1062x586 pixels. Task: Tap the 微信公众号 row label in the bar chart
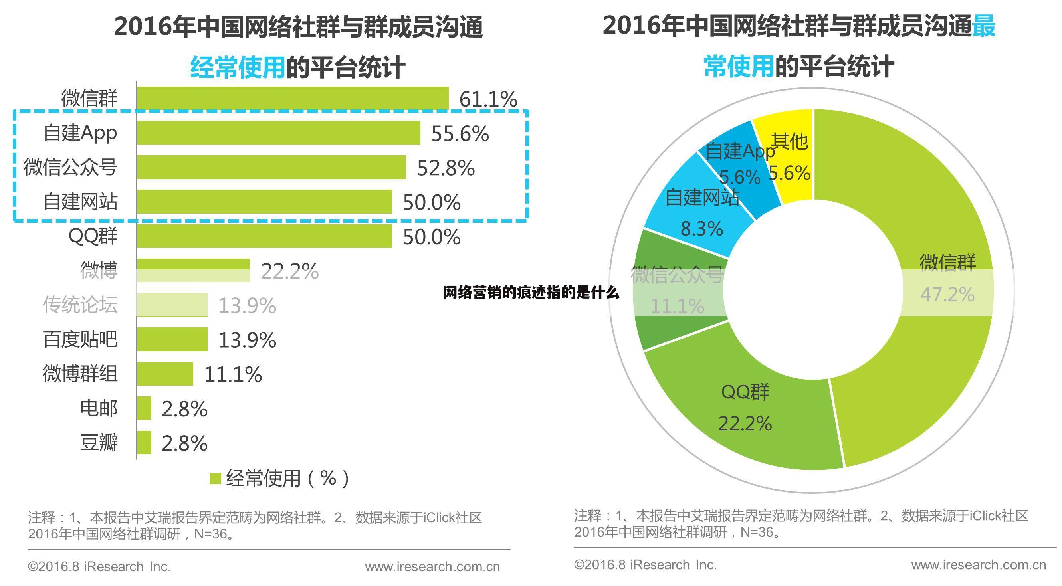tap(71, 167)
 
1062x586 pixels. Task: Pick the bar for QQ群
tap(264, 236)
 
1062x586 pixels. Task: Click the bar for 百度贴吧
tap(172, 339)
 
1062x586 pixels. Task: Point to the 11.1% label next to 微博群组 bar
tap(232, 374)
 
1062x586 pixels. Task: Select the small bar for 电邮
tap(143, 408)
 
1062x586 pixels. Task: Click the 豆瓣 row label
tap(99, 442)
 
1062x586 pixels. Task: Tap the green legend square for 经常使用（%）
tap(215, 479)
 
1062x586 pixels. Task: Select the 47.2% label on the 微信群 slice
tap(947, 294)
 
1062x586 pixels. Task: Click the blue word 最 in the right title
tap(984, 26)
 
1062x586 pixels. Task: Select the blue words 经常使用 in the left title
tap(238, 67)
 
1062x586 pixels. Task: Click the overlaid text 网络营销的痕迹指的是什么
tap(531, 292)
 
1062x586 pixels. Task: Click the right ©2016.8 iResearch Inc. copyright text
tap(645, 564)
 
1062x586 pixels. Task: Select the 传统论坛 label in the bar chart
tap(80, 305)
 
